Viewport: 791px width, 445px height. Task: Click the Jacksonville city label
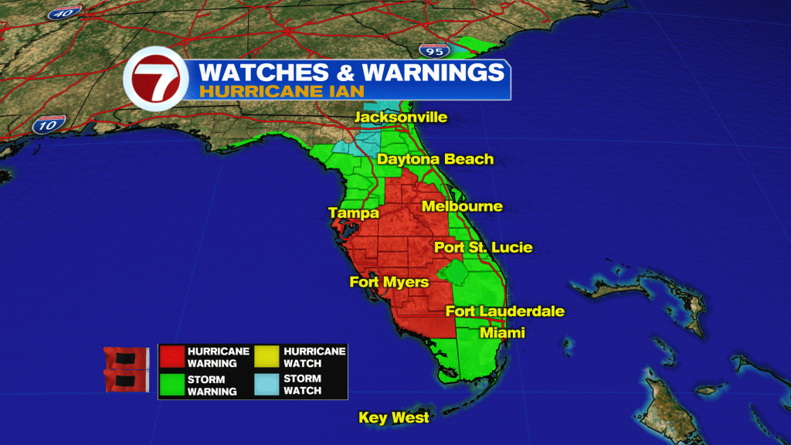[x=401, y=117]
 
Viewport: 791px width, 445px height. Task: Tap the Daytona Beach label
[x=435, y=159]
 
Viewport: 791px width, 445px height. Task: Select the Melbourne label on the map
[x=462, y=206]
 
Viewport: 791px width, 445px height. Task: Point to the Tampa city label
[x=353, y=212]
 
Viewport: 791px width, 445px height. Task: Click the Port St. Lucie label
[x=483, y=248]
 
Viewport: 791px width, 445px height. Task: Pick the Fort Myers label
[x=389, y=282]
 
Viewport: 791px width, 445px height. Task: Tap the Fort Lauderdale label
[x=505, y=311]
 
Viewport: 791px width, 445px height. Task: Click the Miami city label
[x=502, y=332]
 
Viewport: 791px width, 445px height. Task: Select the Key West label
[x=394, y=418]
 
